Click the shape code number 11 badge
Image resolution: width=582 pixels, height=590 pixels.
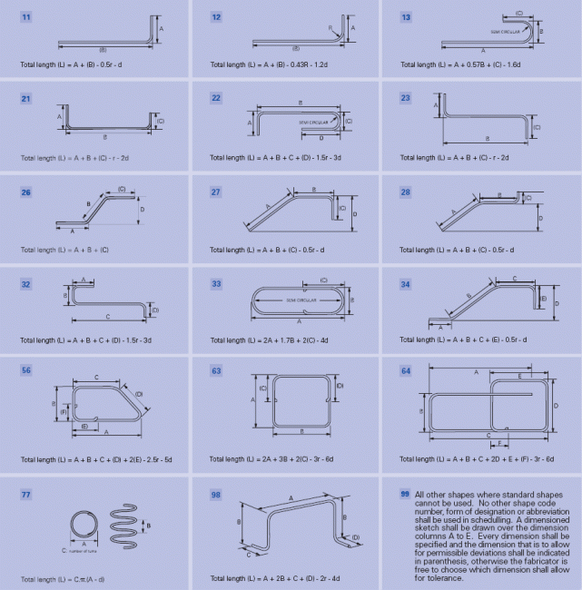(26, 17)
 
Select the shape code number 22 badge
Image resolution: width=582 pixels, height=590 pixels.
(216, 98)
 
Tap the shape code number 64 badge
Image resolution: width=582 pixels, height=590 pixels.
(406, 371)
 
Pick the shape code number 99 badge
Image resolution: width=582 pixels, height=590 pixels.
(405, 494)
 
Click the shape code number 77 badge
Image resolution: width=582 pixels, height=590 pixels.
(26, 494)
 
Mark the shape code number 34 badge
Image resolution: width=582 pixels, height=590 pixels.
(406, 283)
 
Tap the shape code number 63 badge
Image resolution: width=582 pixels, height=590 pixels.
(216, 371)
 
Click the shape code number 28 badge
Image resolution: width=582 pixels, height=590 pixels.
(406, 192)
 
